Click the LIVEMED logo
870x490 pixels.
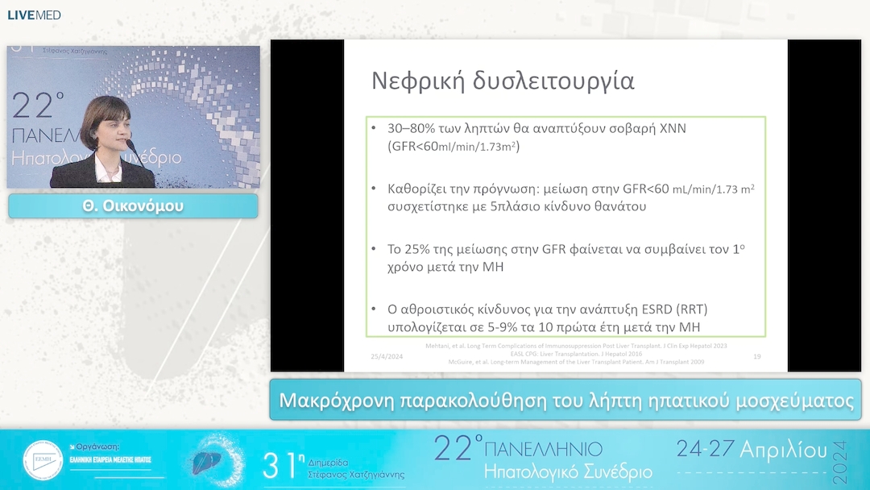tap(34, 15)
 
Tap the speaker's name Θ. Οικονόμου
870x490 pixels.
tap(133, 206)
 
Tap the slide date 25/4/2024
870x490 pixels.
tap(387, 356)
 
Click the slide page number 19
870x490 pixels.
tap(756, 356)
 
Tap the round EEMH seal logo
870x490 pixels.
tap(43, 461)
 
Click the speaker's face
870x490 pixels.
tap(106, 130)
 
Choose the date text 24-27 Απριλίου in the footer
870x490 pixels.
tap(751, 450)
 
